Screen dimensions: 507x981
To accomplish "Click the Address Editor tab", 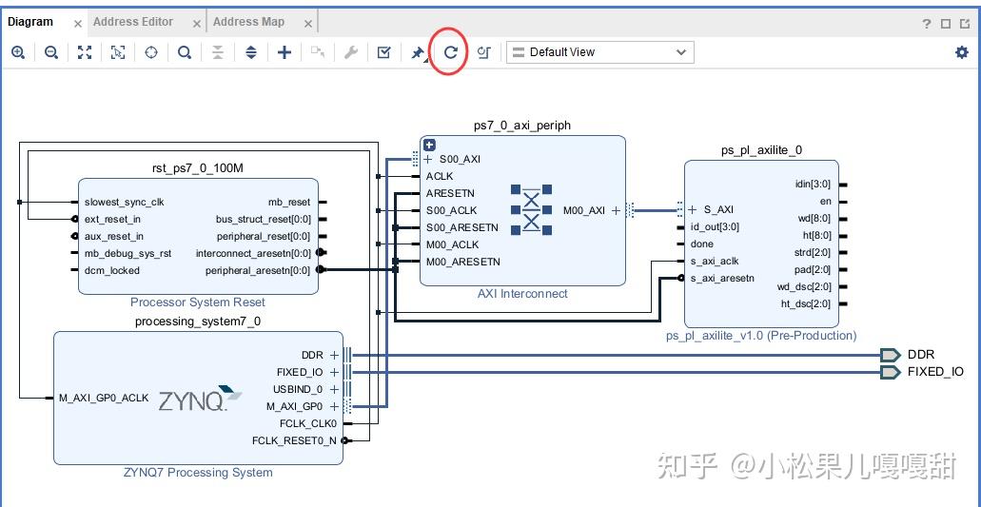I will point(133,22).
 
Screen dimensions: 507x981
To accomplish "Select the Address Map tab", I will point(248,22).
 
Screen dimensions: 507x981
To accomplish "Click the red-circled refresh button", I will point(451,52).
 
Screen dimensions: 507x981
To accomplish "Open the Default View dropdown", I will point(599,52).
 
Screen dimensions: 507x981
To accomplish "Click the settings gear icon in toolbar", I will point(961,52).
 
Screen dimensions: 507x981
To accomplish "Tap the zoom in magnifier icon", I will point(18,52).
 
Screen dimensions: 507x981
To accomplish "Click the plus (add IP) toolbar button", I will point(284,52).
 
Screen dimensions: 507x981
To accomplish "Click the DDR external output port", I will point(890,355).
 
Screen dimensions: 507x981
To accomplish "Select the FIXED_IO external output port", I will point(890,372).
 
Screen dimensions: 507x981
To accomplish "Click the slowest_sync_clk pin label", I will point(124,202).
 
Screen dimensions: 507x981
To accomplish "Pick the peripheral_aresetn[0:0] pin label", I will point(257,270).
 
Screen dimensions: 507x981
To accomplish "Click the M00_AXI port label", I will point(583,210).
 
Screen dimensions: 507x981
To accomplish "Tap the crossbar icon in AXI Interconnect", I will point(531,209).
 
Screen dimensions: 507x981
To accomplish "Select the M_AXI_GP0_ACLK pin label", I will point(104,398).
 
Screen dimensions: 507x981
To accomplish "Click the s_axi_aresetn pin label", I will point(722,278).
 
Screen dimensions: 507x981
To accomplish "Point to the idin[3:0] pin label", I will point(813,185).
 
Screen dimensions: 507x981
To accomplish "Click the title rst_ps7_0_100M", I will point(198,168).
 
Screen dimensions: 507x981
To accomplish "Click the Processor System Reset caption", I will point(198,302).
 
